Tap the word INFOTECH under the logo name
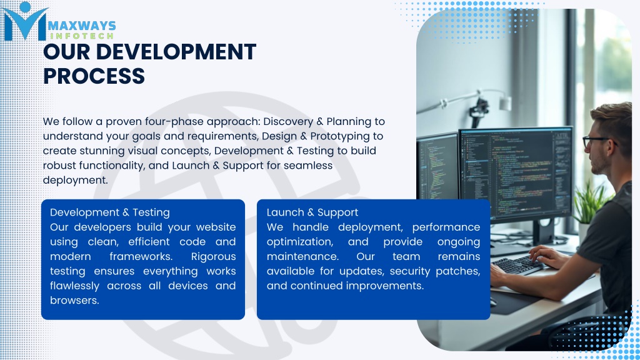(82, 36)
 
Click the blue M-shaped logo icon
(25, 21)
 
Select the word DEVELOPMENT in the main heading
(176, 52)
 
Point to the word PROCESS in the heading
(94, 76)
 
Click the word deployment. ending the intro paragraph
(76, 181)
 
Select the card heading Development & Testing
(110, 212)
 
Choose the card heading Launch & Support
(312, 212)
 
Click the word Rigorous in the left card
(214, 257)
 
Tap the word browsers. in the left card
(75, 301)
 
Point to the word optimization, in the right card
(300, 242)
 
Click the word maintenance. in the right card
(302, 257)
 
